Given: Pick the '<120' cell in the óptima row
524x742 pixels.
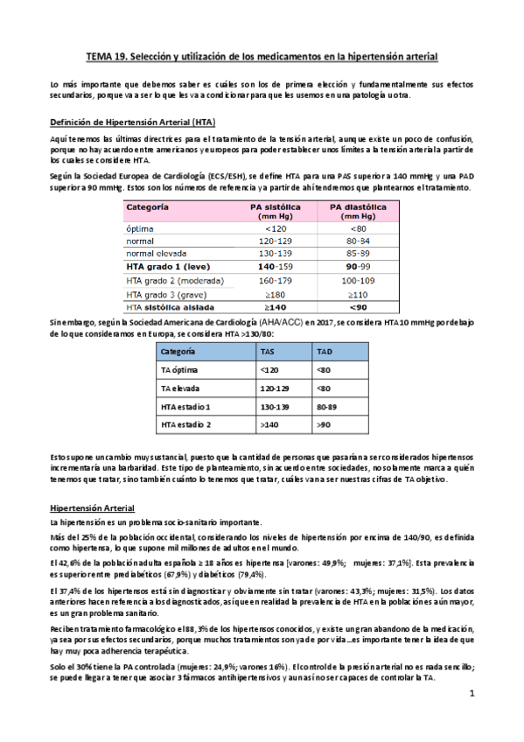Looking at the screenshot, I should click(x=269, y=229).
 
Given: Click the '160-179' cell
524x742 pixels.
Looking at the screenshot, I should click(x=269, y=281).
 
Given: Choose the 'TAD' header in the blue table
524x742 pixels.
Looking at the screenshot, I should click(x=324, y=352).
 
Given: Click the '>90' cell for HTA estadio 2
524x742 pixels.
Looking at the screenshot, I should click(x=323, y=425).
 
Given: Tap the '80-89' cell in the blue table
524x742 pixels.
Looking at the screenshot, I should click(x=327, y=407).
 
